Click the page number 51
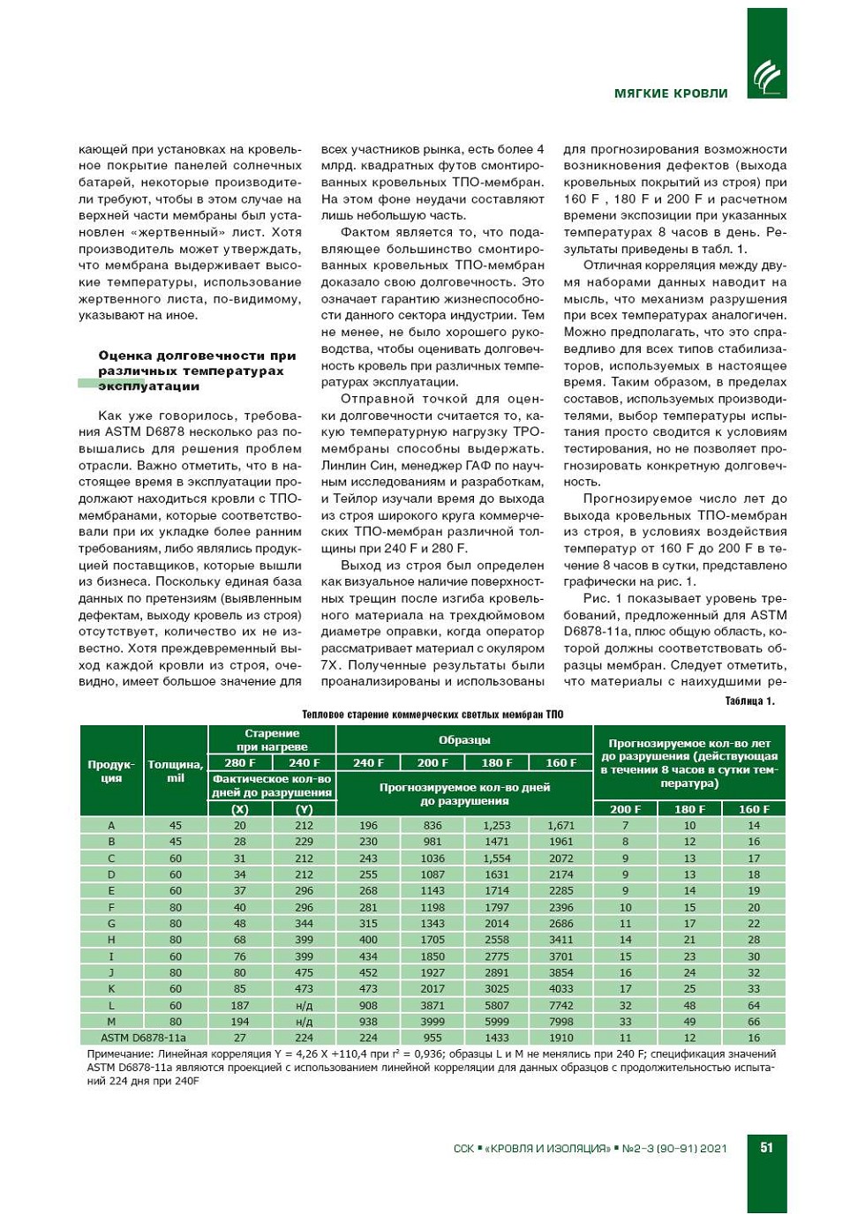tap(766, 1147)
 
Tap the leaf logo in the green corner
tap(766, 76)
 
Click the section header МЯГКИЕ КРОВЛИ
tap(671, 94)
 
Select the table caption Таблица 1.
tap(749, 701)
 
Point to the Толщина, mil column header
tap(176, 771)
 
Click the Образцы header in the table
tap(464, 740)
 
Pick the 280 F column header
tap(240, 763)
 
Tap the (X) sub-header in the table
tap(240, 809)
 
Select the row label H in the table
tap(111, 940)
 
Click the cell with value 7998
tap(561, 1022)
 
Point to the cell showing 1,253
tap(497, 826)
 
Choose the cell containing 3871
tap(432, 1005)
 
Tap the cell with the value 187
tap(240, 1005)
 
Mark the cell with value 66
tap(754, 1022)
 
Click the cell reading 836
tap(432, 826)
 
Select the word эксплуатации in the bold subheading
tap(149, 386)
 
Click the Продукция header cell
tap(111, 771)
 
